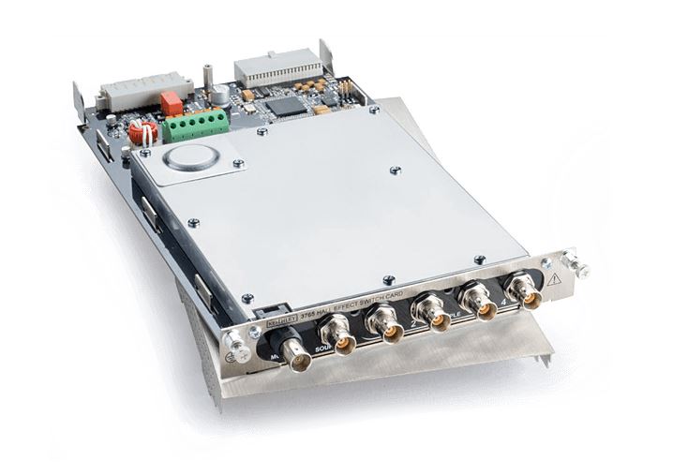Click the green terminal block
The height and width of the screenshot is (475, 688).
(x=194, y=125)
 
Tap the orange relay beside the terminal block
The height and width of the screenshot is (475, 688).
(x=172, y=102)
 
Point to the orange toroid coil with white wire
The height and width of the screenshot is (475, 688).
(x=142, y=132)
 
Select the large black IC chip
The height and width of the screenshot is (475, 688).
(x=291, y=104)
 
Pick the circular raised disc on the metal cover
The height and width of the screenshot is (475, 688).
(x=191, y=156)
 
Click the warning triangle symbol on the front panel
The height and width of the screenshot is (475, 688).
(x=554, y=278)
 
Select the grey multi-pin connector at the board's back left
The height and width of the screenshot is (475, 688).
(x=132, y=92)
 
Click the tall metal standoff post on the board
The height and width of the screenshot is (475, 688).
(x=208, y=75)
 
